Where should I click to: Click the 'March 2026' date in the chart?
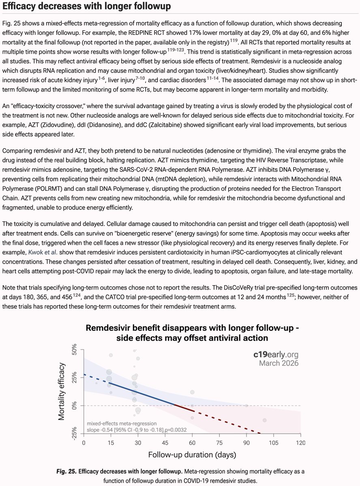click(279, 363)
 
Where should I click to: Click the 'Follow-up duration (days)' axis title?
click(192, 455)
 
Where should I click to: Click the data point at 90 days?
click(246, 405)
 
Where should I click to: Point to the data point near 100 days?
click(265, 420)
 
